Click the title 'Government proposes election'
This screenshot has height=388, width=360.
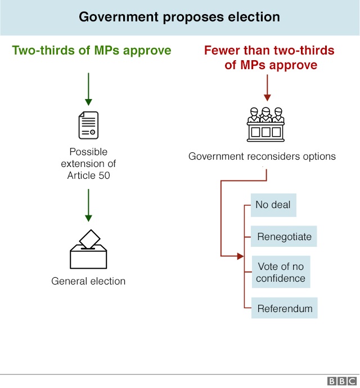coord(179,16)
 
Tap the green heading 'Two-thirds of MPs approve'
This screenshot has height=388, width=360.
coord(92,51)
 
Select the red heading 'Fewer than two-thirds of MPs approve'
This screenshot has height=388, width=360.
coord(269,58)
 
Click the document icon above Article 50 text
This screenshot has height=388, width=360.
coord(88,125)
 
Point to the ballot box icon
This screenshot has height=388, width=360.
coord(88,250)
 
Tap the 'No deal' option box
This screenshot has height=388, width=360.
coord(273,205)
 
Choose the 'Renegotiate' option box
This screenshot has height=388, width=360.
coord(284,237)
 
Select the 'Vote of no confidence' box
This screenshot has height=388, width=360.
coord(281,272)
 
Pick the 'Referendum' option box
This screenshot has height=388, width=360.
coord(284,309)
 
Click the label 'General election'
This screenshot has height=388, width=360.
coord(88,281)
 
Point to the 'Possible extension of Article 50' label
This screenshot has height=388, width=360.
coord(88,164)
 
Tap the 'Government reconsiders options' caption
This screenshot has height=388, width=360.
coord(262,156)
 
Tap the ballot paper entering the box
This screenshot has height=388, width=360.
coord(90,239)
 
